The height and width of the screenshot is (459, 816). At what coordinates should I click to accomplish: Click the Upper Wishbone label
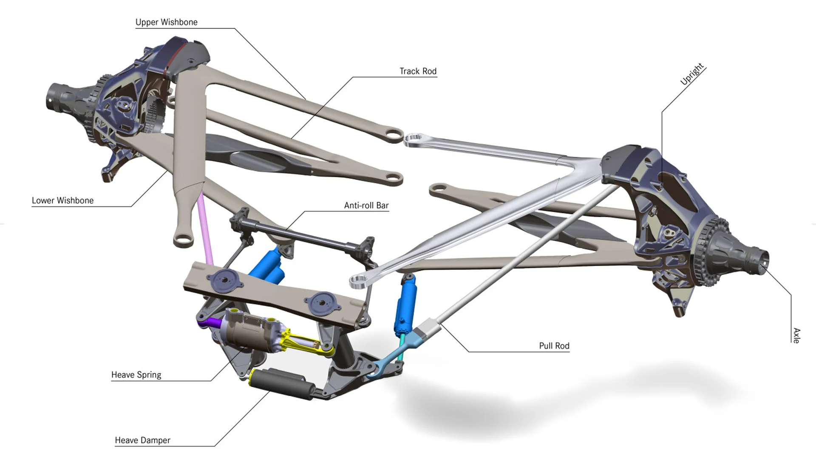166,22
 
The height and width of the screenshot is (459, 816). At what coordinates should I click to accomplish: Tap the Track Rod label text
418,71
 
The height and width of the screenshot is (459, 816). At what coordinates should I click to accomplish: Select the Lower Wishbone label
62,201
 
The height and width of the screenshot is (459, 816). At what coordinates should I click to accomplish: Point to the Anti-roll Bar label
366,206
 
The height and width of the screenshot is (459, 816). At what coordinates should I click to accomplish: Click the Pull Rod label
554,346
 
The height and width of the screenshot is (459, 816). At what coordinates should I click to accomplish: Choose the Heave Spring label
136,375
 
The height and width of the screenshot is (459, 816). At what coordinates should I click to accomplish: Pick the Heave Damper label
142,440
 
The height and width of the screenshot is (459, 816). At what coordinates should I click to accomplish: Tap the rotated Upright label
692,74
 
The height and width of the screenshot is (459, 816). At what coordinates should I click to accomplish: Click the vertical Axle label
796,335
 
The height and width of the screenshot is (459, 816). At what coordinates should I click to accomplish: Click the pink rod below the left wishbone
205,229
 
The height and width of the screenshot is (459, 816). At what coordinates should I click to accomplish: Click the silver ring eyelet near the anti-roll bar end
358,280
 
